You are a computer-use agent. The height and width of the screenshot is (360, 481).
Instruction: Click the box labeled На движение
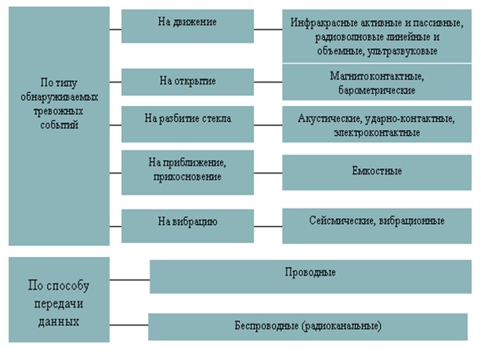(187, 26)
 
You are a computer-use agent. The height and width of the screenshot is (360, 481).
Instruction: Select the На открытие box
(187, 82)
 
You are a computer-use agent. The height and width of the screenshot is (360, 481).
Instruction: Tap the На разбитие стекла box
(187, 124)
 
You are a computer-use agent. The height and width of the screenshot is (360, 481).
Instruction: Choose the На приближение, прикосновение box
(187, 171)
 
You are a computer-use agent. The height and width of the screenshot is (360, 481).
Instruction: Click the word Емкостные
(377, 171)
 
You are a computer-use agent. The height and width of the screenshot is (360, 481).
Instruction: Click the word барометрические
(377, 90)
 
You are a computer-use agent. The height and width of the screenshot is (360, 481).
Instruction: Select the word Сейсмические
(341, 221)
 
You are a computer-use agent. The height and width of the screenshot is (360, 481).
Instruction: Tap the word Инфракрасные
(320, 23)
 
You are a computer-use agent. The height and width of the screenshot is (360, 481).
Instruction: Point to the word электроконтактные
(377, 132)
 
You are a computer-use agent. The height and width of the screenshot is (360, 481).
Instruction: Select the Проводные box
(310, 276)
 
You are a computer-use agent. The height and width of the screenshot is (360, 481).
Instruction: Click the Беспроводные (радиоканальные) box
(308, 327)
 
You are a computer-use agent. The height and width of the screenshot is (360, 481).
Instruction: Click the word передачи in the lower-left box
(59, 306)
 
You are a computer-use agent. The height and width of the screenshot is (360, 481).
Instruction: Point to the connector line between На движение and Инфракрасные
(268, 30)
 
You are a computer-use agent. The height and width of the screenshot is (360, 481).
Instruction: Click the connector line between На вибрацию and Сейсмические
(268, 227)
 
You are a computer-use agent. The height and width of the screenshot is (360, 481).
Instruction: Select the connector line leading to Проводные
(130, 280)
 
